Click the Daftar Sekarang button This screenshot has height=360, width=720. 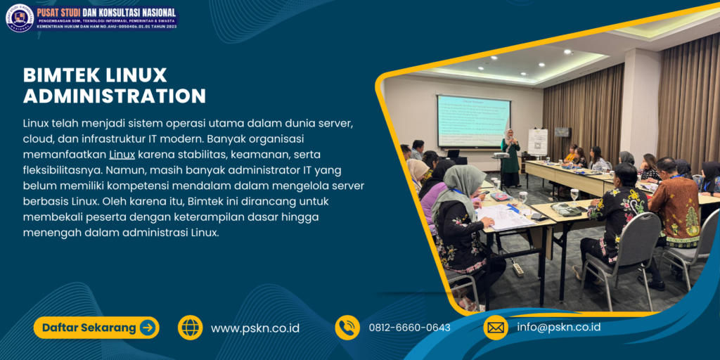pos(96,328)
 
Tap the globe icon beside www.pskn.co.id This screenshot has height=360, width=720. pos(190,328)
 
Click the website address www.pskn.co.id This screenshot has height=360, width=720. pos(255,328)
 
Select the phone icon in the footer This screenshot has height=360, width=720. pos(347,328)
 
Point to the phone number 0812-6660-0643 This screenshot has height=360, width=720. pos(409,328)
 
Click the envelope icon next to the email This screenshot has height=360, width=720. pos(496,328)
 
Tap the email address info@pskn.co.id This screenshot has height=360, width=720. pos(558,328)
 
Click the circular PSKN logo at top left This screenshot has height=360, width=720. pos(20,18)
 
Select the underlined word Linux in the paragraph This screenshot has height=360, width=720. pos(122,154)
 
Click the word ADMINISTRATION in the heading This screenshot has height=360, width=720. pos(114,96)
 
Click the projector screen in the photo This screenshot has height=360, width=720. pos(472,121)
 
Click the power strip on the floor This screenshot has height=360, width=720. pos(517,269)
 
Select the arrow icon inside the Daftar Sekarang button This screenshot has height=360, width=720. pos(147,328)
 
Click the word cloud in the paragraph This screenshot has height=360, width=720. pos(40,139)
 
